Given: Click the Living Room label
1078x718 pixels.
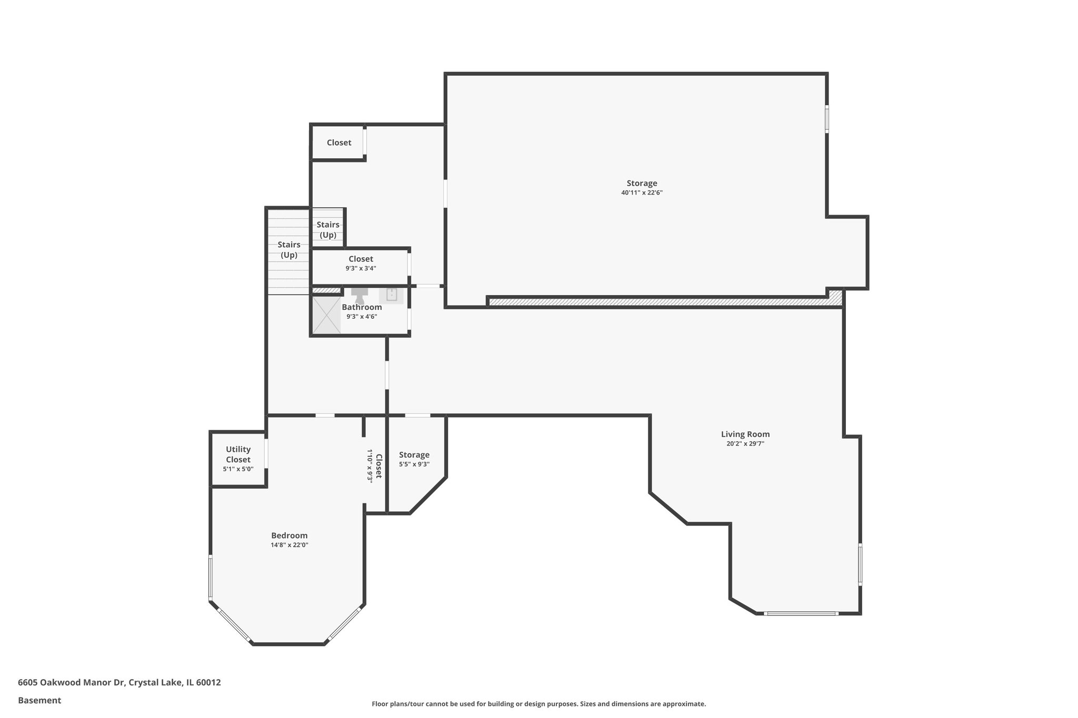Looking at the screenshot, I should (x=745, y=434).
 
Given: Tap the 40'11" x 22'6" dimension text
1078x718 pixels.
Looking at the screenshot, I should (x=641, y=193).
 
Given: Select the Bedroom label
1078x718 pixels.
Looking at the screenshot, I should (x=289, y=535).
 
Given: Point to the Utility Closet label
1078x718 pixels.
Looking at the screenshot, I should (x=238, y=454).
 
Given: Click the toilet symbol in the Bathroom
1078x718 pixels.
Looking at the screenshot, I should (x=360, y=295).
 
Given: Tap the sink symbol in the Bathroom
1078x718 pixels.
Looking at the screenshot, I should (x=391, y=295).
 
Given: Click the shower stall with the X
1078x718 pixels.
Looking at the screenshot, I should (x=326, y=315).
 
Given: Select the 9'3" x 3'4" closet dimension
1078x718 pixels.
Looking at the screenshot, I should (x=361, y=268).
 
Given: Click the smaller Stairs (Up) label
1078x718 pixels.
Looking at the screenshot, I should (x=327, y=230).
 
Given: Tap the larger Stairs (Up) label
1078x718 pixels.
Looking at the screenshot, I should (x=289, y=250).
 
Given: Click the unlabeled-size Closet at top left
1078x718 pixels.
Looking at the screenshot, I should (x=338, y=143).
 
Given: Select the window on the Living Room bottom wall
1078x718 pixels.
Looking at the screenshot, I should (x=801, y=613).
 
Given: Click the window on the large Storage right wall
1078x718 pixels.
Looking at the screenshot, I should (x=826, y=119).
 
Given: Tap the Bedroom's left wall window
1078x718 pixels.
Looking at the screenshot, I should (x=210, y=577).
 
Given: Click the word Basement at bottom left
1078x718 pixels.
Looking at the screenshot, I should (x=39, y=700).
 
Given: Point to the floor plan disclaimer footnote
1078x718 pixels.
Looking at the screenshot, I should (x=538, y=704).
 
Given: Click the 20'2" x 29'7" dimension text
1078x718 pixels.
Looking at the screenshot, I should (x=745, y=444).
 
